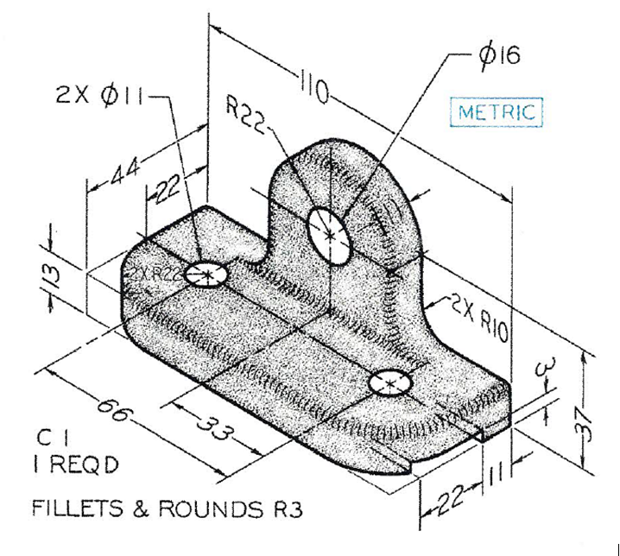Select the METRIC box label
click(497, 111)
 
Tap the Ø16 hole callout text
click(498, 56)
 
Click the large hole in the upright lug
click(330, 233)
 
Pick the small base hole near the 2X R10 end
click(389, 382)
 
